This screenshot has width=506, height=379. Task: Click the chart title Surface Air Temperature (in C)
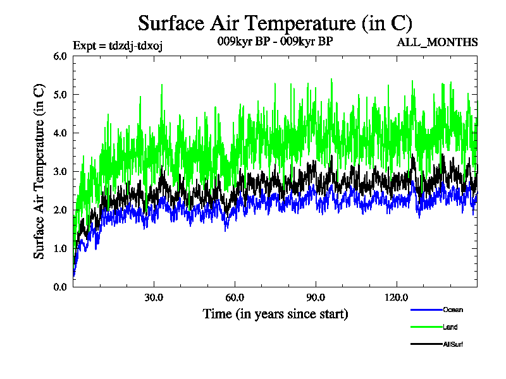pyautogui.click(x=275, y=23)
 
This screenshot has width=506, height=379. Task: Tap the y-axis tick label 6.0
pyautogui.click(x=59, y=56)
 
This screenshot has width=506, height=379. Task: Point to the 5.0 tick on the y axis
pyautogui.click(x=59, y=95)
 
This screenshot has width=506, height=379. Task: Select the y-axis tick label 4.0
pyautogui.click(x=59, y=133)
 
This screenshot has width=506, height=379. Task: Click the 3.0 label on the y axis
pyautogui.click(x=59, y=172)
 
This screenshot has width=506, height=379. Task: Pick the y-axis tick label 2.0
pyautogui.click(x=59, y=210)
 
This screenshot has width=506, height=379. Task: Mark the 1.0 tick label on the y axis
pyautogui.click(x=59, y=249)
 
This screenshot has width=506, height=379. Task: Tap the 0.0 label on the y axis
pyautogui.click(x=59, y=287)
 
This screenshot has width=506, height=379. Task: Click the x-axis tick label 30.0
pyautogui.click(x=154, y=298)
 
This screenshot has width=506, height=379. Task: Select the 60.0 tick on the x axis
pyautogui.click(x=235, y=298)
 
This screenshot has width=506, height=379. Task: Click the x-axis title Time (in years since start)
pyautogui.click(x=275, y=313)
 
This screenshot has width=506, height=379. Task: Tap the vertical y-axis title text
pyautogui.click(x=39, y=171)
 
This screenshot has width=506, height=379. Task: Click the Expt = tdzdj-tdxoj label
pyautogui.click(x=118, y=45)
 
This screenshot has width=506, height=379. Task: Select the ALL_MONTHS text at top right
pyautogui.click(x=437, y=43)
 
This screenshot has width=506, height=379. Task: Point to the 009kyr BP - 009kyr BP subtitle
pyautogui.click(x=275, y=42)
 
